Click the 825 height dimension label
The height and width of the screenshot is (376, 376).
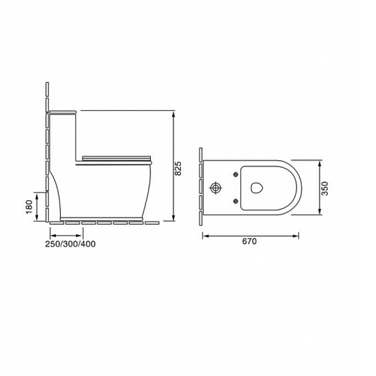coord(178,169)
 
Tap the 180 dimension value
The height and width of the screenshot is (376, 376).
coord(29,207)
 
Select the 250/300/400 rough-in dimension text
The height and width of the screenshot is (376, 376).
coord(70,244)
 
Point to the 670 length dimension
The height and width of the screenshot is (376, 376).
coord(250,241)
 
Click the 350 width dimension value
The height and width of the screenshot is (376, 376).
coord(324,188)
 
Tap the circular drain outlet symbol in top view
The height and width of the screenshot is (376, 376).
coord(216,188)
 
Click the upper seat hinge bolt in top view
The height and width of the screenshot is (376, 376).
coord(236,174)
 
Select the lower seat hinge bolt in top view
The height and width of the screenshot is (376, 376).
coord(236,201)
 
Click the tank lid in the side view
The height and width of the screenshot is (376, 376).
coord(63,112)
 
